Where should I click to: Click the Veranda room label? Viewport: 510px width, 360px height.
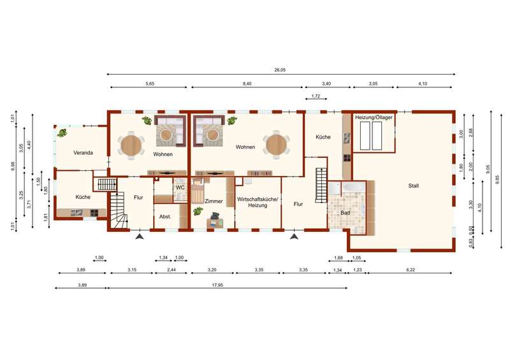pyautogui.click(x=83, y=152)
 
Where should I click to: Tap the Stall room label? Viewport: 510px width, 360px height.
pyautogui.click(x=413, y=185)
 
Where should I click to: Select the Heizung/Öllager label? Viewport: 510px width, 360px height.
pyautogui.click(x=374, y=117)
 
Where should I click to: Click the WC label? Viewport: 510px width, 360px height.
pyautogui.click(x=180, y=187)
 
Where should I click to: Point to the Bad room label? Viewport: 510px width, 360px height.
pyautogui.click(x=345, y=213)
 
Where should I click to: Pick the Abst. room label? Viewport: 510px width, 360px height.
pyautogui.click(x=165, y=217)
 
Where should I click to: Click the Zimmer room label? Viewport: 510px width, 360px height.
pyautogui.click(x=214, y=201)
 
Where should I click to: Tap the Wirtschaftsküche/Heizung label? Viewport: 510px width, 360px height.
pyautogui.click(x=258, y=202)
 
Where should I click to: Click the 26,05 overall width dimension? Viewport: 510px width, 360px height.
pyautogui.click(x=280, y=70)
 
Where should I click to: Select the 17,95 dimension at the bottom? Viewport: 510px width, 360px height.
pyautogui.click(x=217, y=285)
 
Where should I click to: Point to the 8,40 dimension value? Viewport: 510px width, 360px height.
pyautogui.click(x=247, y=83)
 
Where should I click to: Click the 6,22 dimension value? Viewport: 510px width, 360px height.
pyautogui.click(x=411, y=270)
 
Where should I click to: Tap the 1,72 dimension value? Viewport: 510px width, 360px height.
pyautogui.click(x=316, y=96)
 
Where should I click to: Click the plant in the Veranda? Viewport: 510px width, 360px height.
pyautogui.click(x=62, y=133)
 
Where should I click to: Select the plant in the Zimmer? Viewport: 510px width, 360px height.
pyautogui.click(x=198, y=211)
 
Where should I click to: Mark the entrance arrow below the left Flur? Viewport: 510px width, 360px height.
pyautogui.click(x=140, y=236)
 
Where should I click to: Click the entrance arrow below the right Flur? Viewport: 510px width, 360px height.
pyautogui.click(x=295, y=236)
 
